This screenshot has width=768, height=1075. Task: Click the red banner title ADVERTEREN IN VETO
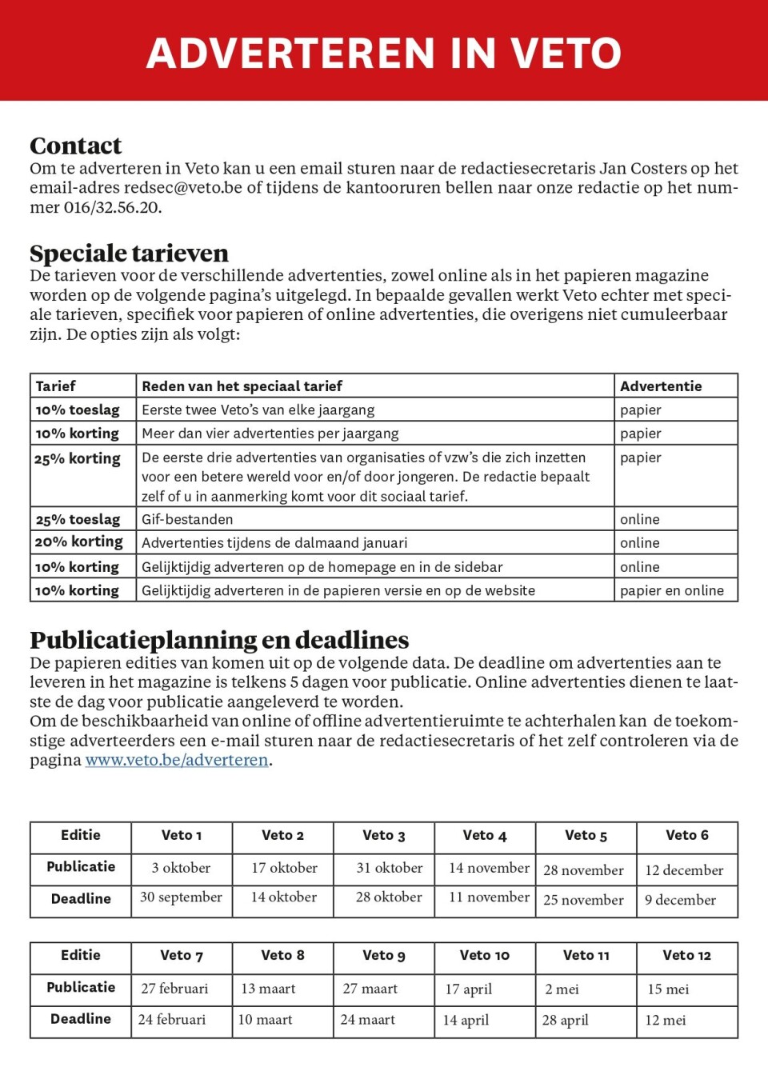(384, 53)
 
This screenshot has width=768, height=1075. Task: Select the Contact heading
(76, 146)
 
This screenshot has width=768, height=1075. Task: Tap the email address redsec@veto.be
(182, 188)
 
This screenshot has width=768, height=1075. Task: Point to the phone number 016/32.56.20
(112, 207)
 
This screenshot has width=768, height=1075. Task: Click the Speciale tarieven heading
(129, 253)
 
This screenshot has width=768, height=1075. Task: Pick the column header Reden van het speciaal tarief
(242, 386)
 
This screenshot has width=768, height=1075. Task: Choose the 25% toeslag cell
(78, 519)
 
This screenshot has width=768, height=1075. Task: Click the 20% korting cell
(79, 542)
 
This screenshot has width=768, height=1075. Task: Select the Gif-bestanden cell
(187, 519)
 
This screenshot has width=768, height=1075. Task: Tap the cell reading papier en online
(672, 590)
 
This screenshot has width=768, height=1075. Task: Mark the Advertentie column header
(661, 386)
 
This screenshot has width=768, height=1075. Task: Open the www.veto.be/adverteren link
(177, 760)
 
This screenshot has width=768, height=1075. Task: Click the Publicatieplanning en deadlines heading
(219, 640)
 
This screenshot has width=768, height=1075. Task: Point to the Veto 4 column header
(485, 836)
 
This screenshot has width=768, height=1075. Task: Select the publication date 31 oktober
(390, 868)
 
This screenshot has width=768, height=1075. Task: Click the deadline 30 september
(181, 897)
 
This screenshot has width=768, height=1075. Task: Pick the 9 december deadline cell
(680, 900)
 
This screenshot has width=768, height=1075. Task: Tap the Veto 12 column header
(686, 955)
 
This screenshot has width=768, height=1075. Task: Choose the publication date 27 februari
(174, 989)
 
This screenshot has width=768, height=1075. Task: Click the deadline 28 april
(565, 1020)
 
